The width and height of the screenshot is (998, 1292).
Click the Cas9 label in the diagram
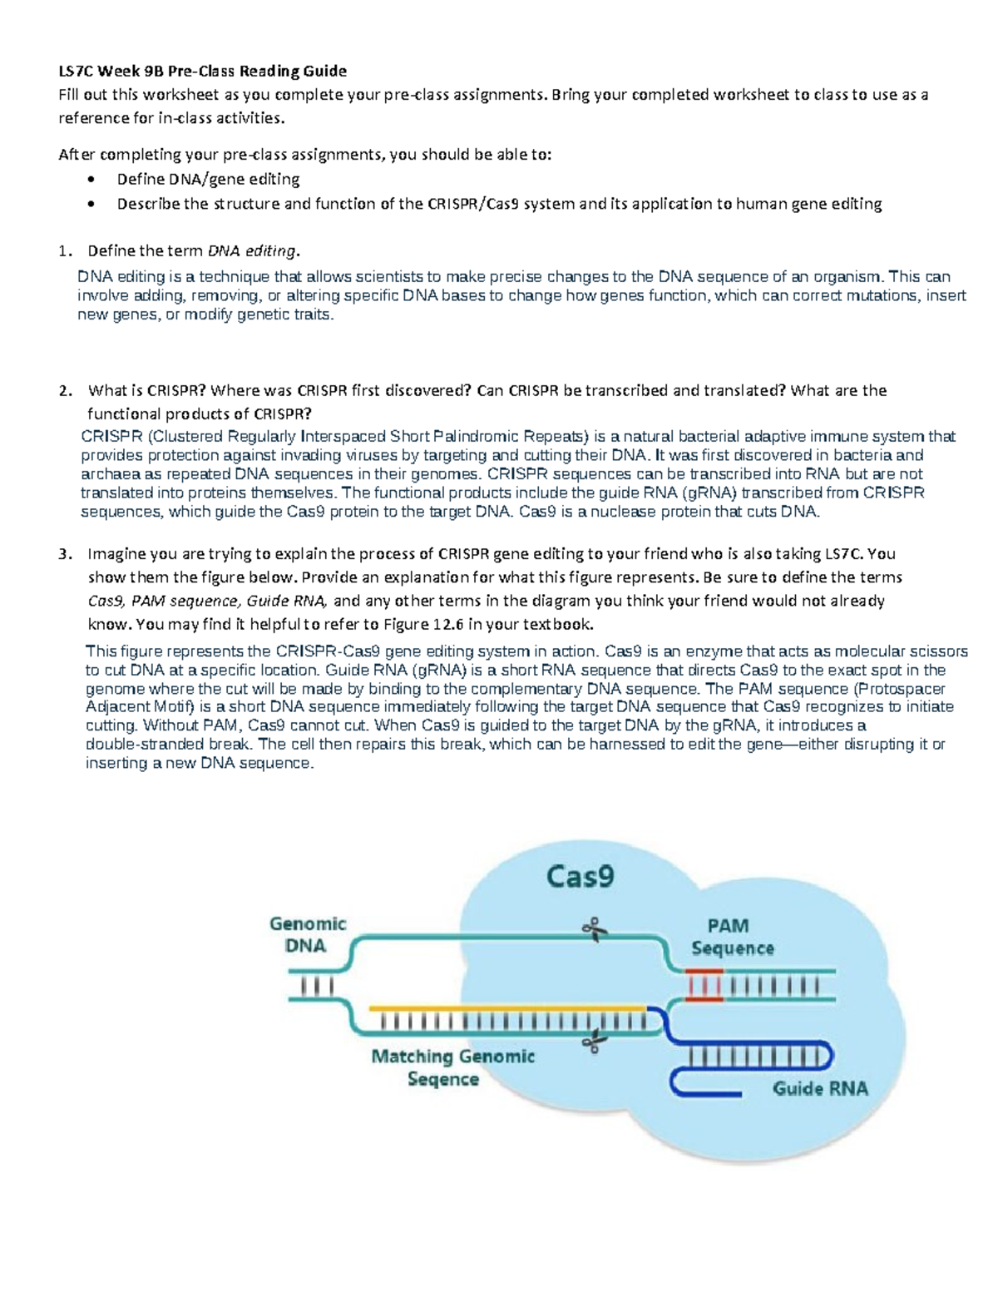[x=580, y=877]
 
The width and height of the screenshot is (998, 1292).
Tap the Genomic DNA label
[x=307, y=934]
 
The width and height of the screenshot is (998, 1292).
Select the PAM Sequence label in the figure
[x=732, y=937]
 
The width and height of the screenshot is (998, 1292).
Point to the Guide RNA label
[x=820, y=1088]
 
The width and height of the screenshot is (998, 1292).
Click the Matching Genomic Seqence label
[x=452, y=1067]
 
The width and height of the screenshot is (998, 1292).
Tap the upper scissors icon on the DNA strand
[x=595, y=929]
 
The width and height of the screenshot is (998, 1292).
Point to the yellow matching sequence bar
[x=507, y=1008]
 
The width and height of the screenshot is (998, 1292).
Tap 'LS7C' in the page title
[x=75, y=71]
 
